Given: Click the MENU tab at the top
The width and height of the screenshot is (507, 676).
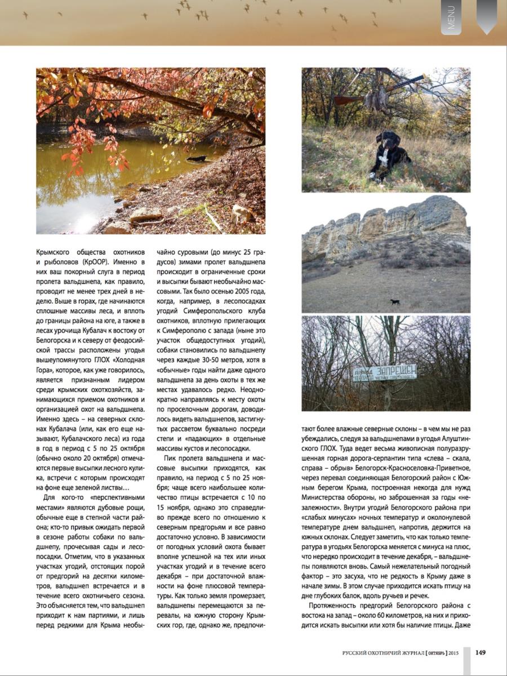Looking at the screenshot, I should click(451, 17).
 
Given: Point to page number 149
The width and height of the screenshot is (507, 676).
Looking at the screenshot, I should click(481, 653).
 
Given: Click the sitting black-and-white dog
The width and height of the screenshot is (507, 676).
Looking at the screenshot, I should click(389, 154).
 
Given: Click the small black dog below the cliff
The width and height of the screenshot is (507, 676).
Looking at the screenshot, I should click(395, 303).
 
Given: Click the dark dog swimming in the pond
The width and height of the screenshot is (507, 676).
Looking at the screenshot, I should click(197, 159).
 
